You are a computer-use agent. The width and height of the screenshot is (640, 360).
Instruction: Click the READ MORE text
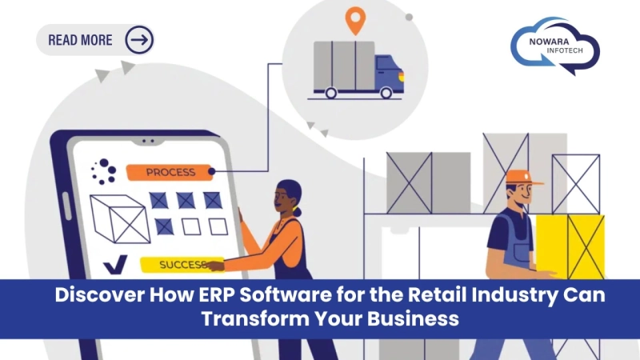click(x=80, y=39)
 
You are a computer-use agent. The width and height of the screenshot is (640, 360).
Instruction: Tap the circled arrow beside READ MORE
click(x=139, y=39)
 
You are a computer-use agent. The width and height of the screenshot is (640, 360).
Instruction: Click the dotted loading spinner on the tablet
click(x=104, y=170)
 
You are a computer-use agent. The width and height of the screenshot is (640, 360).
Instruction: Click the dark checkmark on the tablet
click(x=114, y=263)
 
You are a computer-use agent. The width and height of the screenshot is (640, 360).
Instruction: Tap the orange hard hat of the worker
click(x=522, y=177)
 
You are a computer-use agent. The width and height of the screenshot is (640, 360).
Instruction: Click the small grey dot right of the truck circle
click(x=409, y=17)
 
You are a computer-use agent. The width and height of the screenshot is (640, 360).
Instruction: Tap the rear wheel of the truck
click(x=330, y=93)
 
